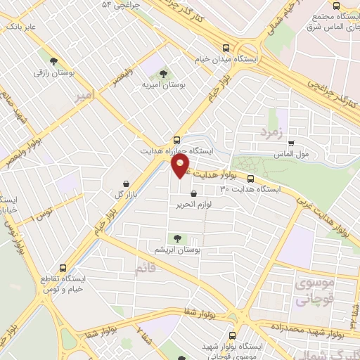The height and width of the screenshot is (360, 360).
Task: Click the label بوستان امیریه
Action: [x=163, y=84]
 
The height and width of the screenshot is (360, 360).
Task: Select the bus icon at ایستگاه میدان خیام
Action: [x=226, y=49]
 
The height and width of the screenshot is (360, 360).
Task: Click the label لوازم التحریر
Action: [x=195, y=205]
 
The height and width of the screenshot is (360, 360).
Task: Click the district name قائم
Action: [x=147, y=267]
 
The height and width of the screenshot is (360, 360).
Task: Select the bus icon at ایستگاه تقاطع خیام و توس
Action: [x=63, y=268]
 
